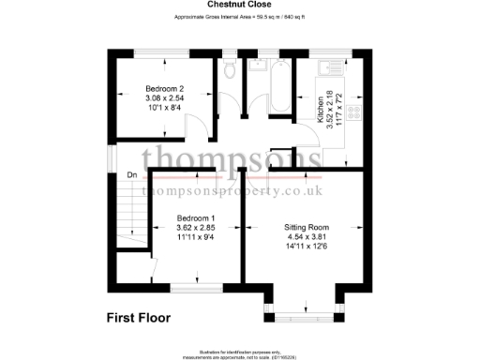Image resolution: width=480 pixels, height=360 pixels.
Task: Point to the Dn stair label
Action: (132, 174)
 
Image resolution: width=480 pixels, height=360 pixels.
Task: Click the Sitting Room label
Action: (307, 228)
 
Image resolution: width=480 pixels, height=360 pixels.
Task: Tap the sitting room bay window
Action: (304, 310)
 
